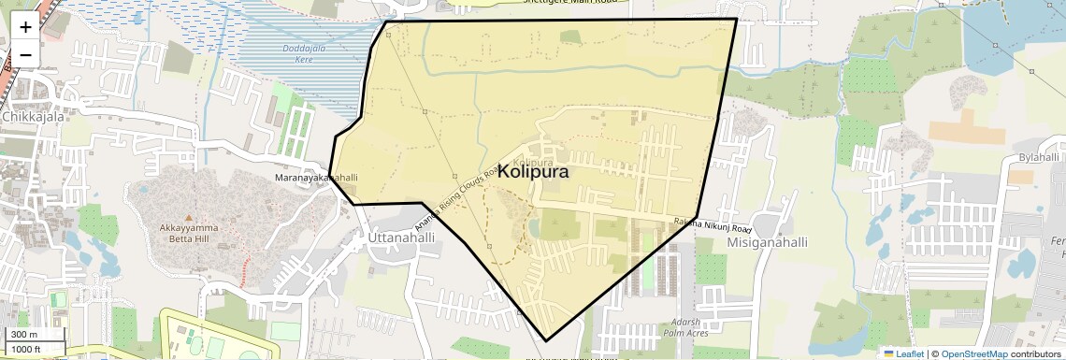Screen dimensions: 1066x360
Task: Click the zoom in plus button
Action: tap(25, 26)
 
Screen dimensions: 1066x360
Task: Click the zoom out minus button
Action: tap(25, 54)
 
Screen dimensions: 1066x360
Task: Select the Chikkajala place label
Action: tap(32, 117)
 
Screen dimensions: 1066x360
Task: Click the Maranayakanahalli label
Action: tap(316, 177)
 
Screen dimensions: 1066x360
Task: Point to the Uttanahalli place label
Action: tap(402, 238)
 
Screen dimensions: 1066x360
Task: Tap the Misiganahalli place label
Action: tap(767, 242)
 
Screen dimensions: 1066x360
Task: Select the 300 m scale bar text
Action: tap(24, 335)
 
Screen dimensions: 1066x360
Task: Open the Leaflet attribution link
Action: tap(903, 354)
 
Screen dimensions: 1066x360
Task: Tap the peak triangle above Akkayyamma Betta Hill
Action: tap(188, 217)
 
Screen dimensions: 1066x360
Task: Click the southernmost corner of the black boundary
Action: tap(546, 340)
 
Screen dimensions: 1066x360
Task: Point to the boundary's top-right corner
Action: tap(736, 19)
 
